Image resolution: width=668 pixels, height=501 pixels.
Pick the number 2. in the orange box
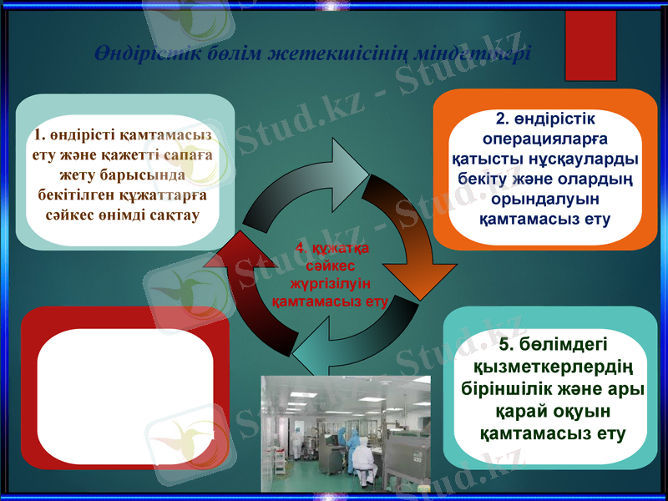point(504,118)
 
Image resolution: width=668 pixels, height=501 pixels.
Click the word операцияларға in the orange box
point(544,139)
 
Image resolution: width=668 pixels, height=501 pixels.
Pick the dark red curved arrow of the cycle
point(242,284)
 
